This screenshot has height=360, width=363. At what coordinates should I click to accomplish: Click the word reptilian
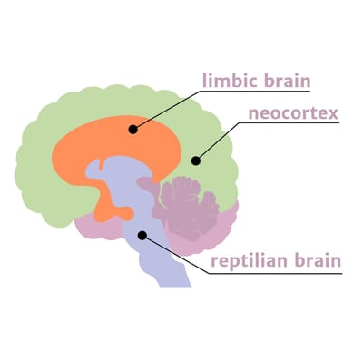click(x=249, y=263)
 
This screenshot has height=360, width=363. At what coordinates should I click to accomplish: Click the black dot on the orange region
click(x=133, y=129)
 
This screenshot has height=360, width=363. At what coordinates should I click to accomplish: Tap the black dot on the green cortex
click(x=194, y=161)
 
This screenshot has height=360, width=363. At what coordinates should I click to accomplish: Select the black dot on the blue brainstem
click(x=141, y=236)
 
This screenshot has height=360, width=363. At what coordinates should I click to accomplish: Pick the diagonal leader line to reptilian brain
click(x=172, y=255)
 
